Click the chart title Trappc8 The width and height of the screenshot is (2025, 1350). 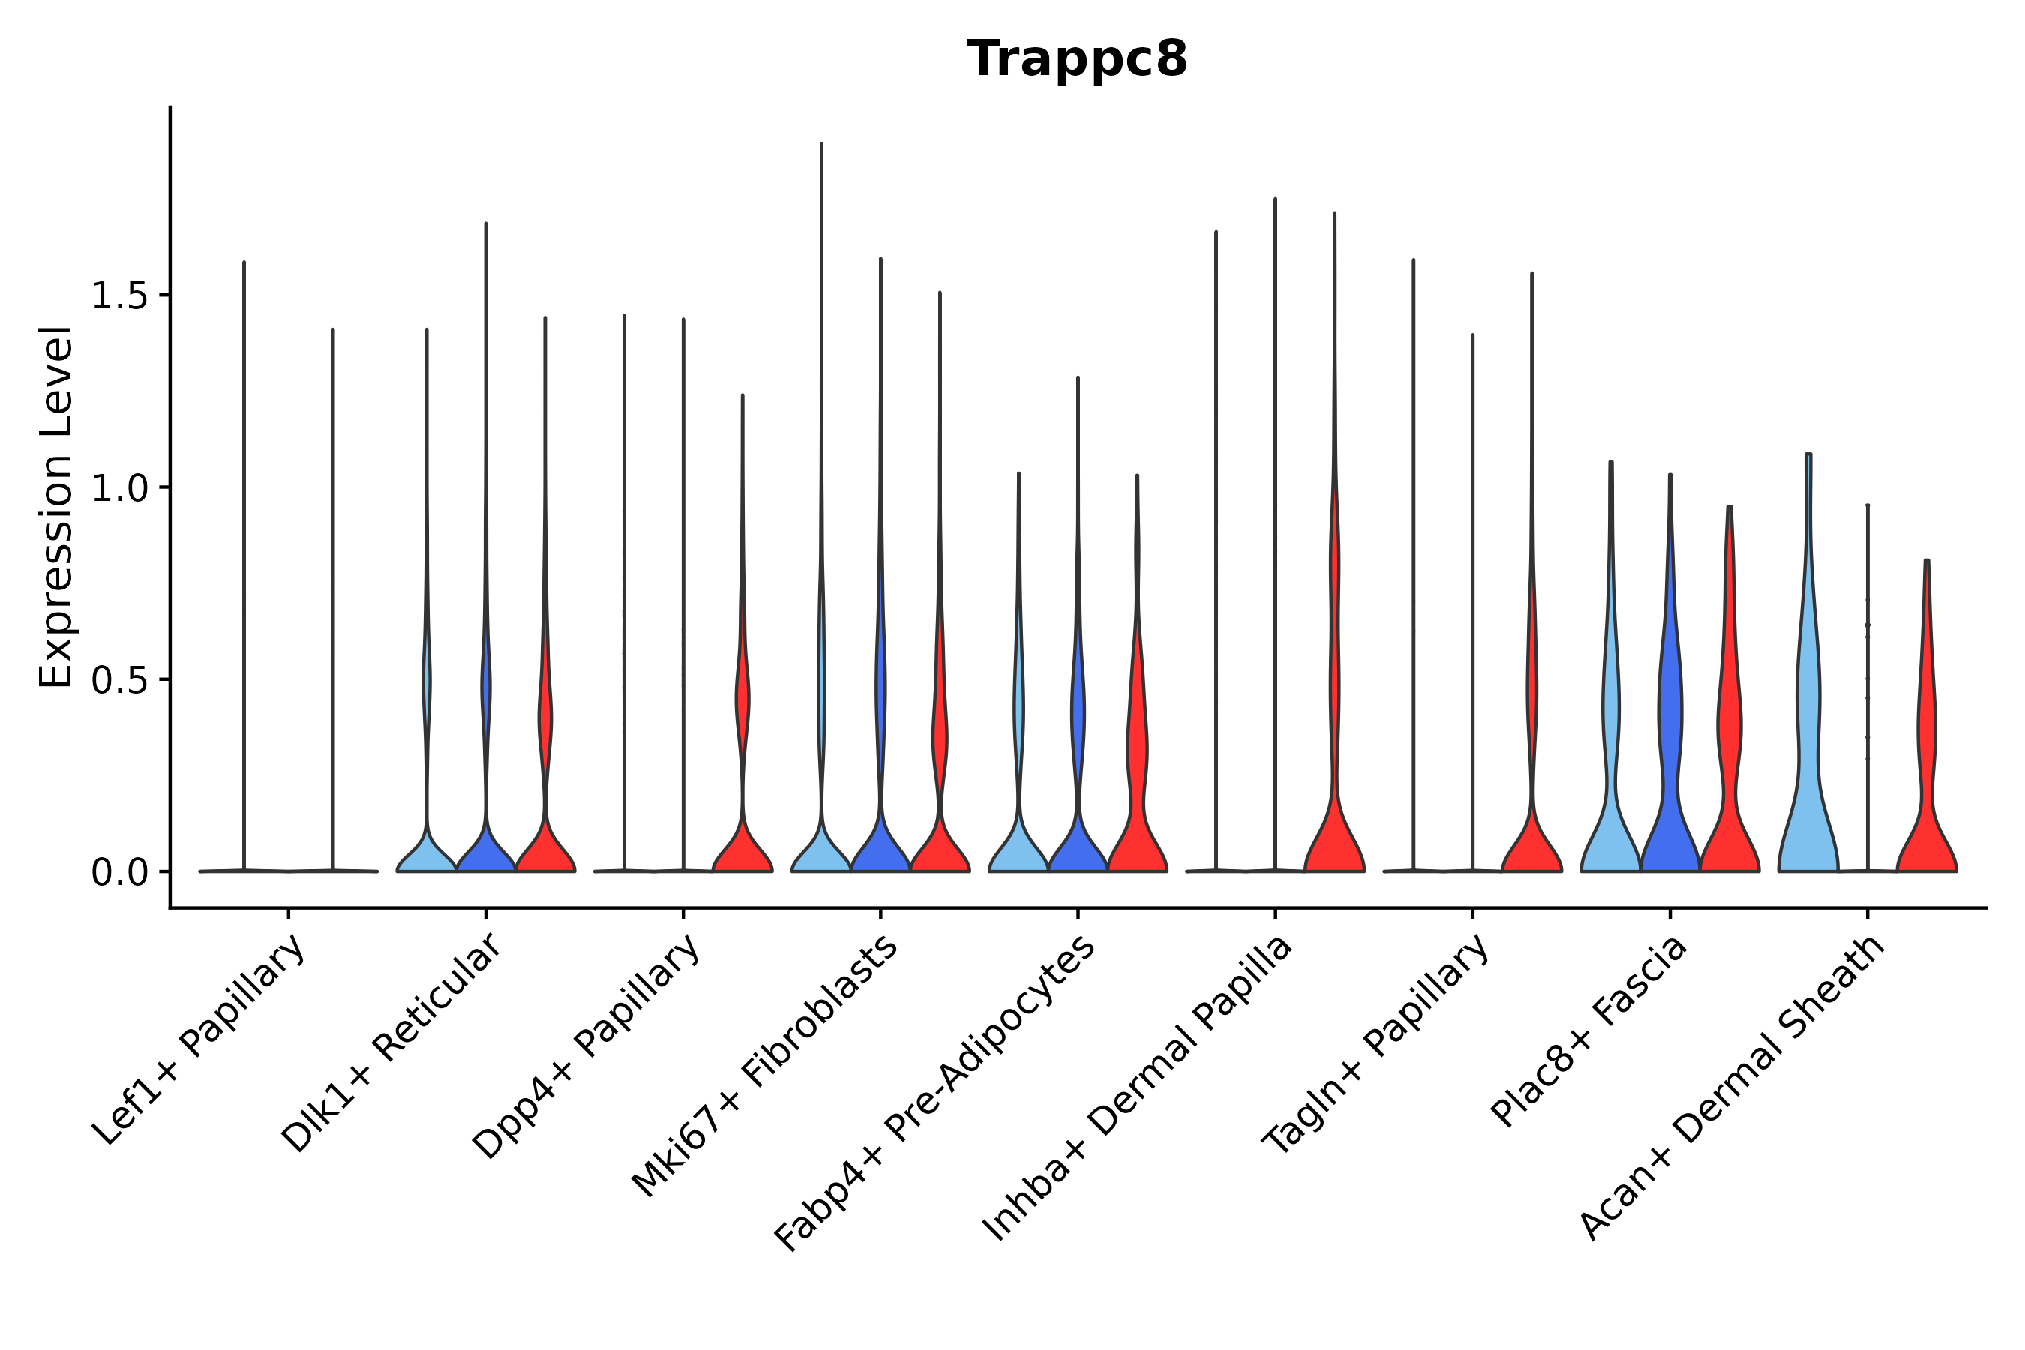pyautogui.click(x=1076, y=59)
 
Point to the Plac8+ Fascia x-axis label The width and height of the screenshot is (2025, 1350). pyautogui.click(x=1589, y=1030)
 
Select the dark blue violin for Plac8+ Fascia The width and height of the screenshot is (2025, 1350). pyautogui.click(x=1669, y=826)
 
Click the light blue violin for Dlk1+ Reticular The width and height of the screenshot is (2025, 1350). pyautogui.click(x=426, y=852)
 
